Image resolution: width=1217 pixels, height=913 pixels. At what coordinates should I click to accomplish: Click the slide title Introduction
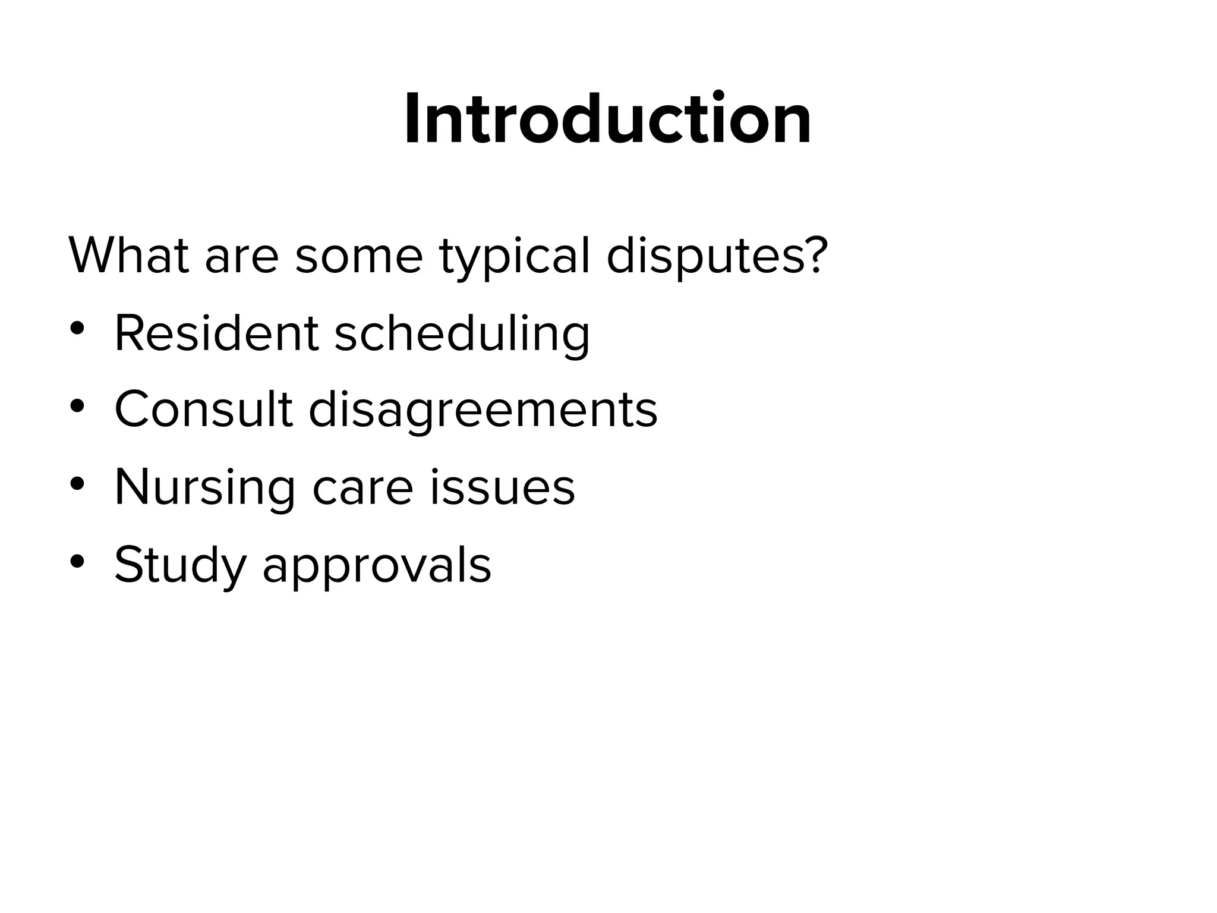(607, 119)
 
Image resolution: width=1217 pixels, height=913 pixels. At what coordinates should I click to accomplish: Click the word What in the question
(128, 256)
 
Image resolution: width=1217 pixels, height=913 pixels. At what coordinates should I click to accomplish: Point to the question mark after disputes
(814, 254)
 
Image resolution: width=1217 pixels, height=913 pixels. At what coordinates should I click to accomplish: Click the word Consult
(204, 410)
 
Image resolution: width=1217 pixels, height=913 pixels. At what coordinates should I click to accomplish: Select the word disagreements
(483, 411)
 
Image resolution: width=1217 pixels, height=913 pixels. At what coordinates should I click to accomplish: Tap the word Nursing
(204, 487)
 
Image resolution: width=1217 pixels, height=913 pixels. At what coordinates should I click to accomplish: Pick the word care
(362, 489)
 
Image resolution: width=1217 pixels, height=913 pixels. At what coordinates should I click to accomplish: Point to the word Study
(180, 565)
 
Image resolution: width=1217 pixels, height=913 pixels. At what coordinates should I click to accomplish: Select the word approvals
(377, 566)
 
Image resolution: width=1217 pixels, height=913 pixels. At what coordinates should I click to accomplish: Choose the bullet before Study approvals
(77, 562)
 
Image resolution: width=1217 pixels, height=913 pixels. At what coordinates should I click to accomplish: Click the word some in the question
(358, 257)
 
